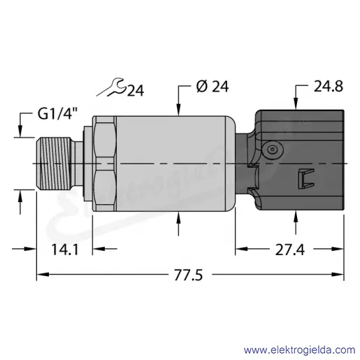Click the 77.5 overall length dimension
[x=189, y=275]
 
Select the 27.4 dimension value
[x=290, y=250]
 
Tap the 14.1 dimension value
[x=65, y=249]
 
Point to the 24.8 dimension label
[x=329, y=86]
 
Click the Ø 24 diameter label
[x=213, y=87]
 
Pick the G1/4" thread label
[x=57, y=115]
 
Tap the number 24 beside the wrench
[x=136, y=90]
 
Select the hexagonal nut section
[x=104, y=164]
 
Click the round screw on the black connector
[x=272, y=150]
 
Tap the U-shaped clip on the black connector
[x=306, y=179]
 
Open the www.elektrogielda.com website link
[x=300, y=350]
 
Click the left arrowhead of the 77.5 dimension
[x=43, y=275]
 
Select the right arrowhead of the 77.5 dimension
[x=338, y=275]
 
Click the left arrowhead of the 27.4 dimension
[x=241, y=249]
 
